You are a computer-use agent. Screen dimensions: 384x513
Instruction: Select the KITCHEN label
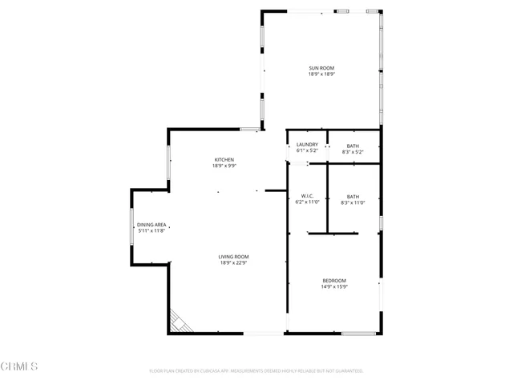[x=224, y=159]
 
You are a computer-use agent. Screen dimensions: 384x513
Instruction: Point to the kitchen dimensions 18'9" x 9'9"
[x=224, y=166]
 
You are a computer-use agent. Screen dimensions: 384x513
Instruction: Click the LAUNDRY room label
[x=307, y=145]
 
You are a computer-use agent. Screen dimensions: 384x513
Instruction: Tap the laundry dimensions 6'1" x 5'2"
[x=307, y=151]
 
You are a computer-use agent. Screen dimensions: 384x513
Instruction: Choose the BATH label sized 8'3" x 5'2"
[x=353, y=145]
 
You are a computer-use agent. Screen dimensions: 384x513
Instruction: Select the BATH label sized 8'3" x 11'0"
[x=353, y=196]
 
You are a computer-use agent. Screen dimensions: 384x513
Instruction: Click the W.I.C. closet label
[x=306, y=196]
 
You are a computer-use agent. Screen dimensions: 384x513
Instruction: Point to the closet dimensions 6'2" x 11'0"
[x=307, y=202]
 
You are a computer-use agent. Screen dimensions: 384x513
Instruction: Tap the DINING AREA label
[x=151, y=225]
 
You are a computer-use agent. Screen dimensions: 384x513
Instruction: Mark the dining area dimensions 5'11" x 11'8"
[x=151, y=231]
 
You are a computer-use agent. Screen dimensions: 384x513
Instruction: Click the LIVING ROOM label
[x=233, y=256]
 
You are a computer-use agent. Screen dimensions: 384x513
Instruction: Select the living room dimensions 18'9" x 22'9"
[x=233, y=262]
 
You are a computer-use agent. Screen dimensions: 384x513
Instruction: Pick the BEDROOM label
[x=333, y=279]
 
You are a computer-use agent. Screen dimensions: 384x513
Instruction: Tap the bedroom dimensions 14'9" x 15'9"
[x=333, y=286]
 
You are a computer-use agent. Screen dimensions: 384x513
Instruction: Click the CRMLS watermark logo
[x=19, y=366]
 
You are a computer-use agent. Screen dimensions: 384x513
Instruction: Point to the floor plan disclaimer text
[x=256, y=371]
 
